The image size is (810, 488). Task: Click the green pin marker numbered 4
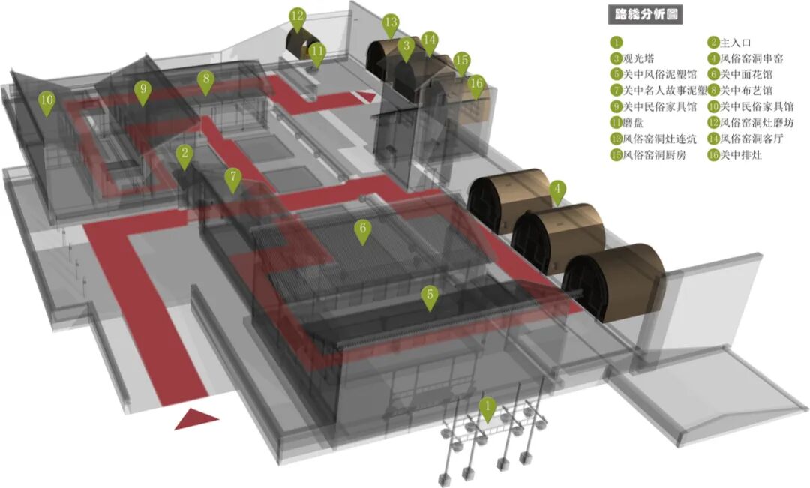[x=556, y=190]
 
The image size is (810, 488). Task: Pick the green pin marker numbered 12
[x=298, y=17]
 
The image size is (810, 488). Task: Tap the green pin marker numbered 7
[x=234, y=178]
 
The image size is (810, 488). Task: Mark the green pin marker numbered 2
[x=184, y=154]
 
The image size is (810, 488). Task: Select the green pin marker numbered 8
[x=205, y=80]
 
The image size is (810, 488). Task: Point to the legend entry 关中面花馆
[x=746, y=74]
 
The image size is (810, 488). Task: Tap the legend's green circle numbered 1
[x=616, y=43]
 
